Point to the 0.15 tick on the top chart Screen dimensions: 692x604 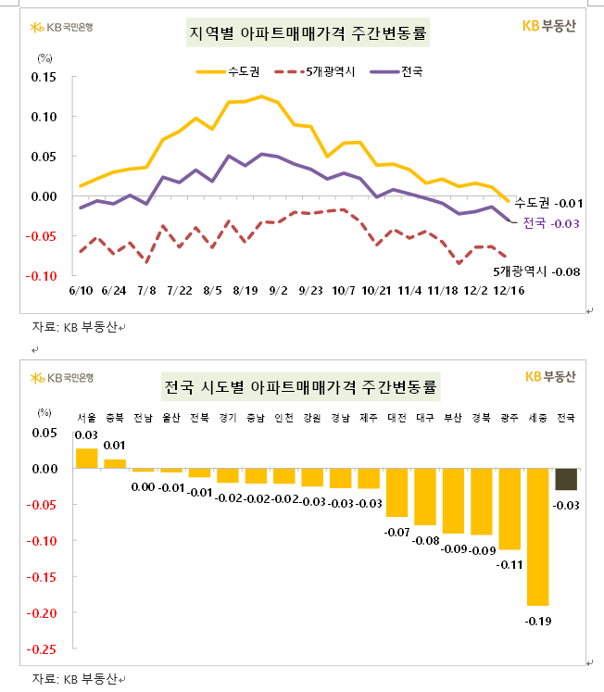point(43,77)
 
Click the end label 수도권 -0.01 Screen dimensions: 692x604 point(548,202)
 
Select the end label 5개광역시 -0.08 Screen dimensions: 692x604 point(535,271)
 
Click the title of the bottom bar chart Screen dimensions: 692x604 point(301,384)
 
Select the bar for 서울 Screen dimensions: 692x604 point(86,459)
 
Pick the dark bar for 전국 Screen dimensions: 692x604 point(565,479)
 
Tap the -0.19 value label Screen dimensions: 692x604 point(537,620)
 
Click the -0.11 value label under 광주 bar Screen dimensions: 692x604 point(510,563)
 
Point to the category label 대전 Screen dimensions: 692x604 point(396,417)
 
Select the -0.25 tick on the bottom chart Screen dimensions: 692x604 point(43,649)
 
